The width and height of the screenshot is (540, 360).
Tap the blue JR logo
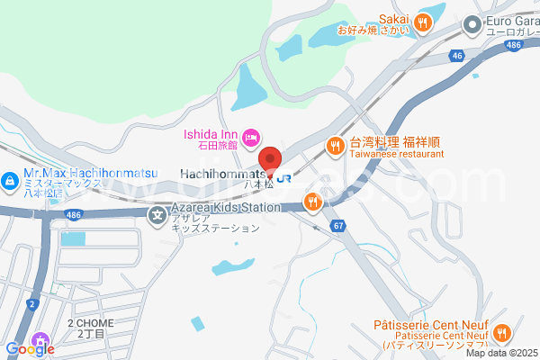click(x=285, y=177)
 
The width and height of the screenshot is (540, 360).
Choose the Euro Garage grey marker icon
click(x=470, y=25)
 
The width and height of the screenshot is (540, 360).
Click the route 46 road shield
click(x=458, y=55)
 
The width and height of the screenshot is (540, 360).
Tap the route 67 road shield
click(x=337, y=226)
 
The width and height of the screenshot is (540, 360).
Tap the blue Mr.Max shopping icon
click(x=10, y=181)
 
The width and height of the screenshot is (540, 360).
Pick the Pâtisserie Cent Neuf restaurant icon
click(x=501, y=333)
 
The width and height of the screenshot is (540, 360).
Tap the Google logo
click(x=29, y=348)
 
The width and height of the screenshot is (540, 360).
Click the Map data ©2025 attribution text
click(x=499, y=353)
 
